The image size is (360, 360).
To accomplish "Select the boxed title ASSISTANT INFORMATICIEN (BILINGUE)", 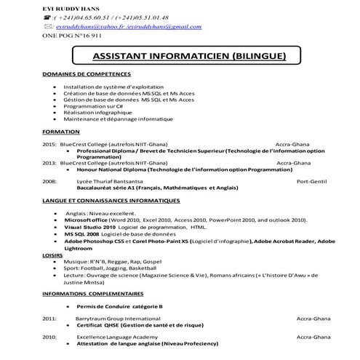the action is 189,56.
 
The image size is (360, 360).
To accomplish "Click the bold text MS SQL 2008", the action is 81,234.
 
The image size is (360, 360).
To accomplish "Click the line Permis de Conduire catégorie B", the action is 119,306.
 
